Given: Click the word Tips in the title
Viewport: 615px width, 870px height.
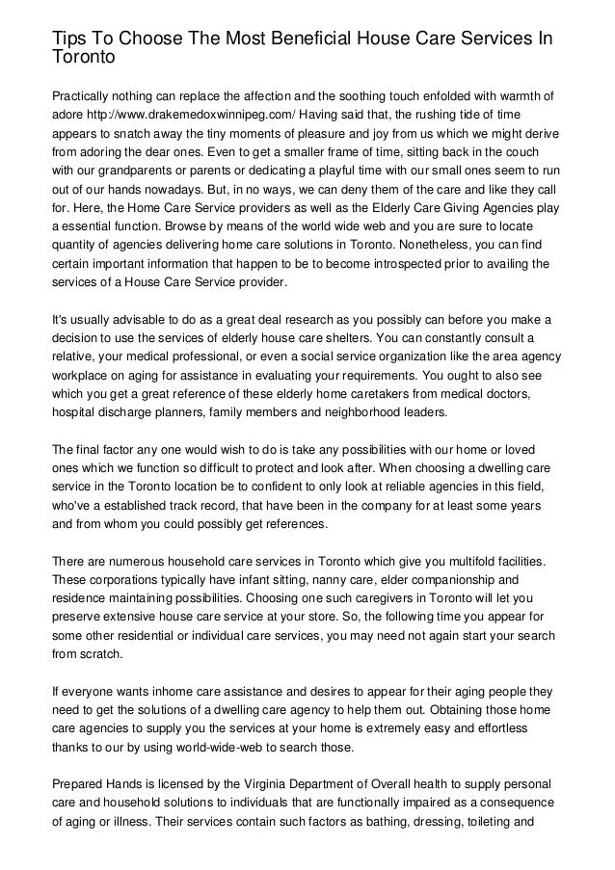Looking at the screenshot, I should [69, 39].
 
